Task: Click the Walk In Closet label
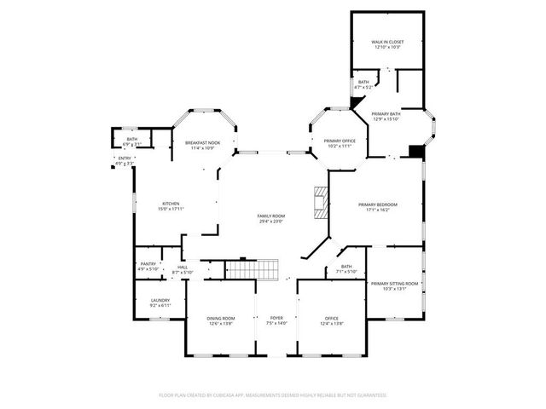pos(386,42)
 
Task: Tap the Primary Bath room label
pos(386,113)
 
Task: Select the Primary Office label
pos(339,141)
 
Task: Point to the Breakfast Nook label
pos(202,142)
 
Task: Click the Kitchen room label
pos(171,204)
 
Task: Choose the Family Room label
pos(271,216)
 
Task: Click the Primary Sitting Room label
pos(394,283)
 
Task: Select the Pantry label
pos(148,264)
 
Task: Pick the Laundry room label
pos(160,300)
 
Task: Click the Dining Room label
pos(220,319)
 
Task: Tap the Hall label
pos(183,268)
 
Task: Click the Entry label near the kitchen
pos(125,158)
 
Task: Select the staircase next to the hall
pos(253,269)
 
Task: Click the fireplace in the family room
pos(320,203)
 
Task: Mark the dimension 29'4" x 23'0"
pos(271,222)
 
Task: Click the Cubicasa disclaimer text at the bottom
pos(273,395)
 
